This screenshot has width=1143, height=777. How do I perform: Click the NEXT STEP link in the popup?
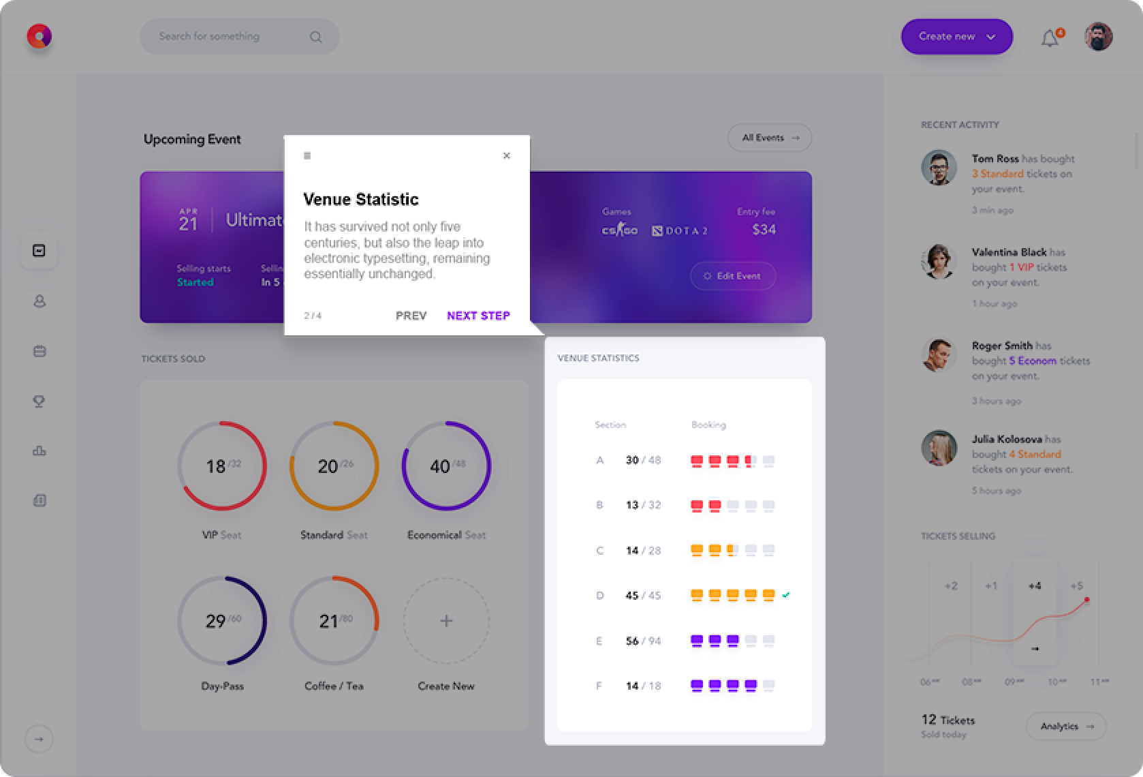point(478,316)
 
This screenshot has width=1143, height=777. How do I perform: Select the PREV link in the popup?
point(411,316)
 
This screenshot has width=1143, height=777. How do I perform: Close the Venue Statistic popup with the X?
point(506,155)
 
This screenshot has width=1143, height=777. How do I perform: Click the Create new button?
point(956,37)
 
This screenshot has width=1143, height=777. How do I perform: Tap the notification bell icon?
point(1050,39)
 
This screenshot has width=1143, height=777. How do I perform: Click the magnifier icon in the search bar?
point(316,37)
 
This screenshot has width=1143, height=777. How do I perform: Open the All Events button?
point(770,138)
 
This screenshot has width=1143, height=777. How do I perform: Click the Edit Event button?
point(732,276)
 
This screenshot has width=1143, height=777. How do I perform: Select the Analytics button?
point(1066,727)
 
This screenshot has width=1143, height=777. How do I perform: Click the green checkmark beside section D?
point(786,595)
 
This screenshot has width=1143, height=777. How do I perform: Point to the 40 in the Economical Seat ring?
point(440,467)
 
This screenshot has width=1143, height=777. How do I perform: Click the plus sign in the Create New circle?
point(446,621)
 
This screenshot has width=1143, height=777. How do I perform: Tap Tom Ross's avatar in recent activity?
point(939,168)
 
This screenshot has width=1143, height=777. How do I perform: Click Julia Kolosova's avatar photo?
point(939,448)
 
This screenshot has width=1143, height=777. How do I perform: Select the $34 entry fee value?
point(764,230)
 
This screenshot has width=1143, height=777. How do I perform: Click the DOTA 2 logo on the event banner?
point(680,231)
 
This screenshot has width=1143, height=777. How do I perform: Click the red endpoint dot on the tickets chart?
point(1086,600)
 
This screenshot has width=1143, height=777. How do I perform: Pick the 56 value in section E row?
point(632,641)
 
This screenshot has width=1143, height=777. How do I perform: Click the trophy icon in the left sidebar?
point(40,401)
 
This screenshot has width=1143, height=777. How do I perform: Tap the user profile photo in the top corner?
point(1098,37)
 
